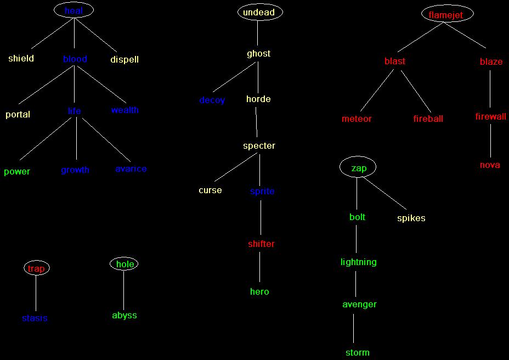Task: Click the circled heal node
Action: click(74, 10)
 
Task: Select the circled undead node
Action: click(259, 12)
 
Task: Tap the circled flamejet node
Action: click(447, 15)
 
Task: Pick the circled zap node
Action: click(358, 167)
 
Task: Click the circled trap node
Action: click(36, 268)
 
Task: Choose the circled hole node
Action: click(125, 264)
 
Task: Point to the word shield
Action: click(21, 58)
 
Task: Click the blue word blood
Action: click(75, 59)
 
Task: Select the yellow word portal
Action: click(18, 114)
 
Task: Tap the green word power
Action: click(17, 171)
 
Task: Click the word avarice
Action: click(131, 168)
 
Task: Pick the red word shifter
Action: click(261, 244)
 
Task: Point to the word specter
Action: click(259, 145)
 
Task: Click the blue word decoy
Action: click(212, 100)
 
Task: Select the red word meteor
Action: click(357, 119)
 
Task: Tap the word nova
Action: click(490, 165)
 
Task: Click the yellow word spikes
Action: click(411, 218)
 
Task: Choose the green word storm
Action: click(357, 352)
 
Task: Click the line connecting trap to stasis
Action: click(36, 294)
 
